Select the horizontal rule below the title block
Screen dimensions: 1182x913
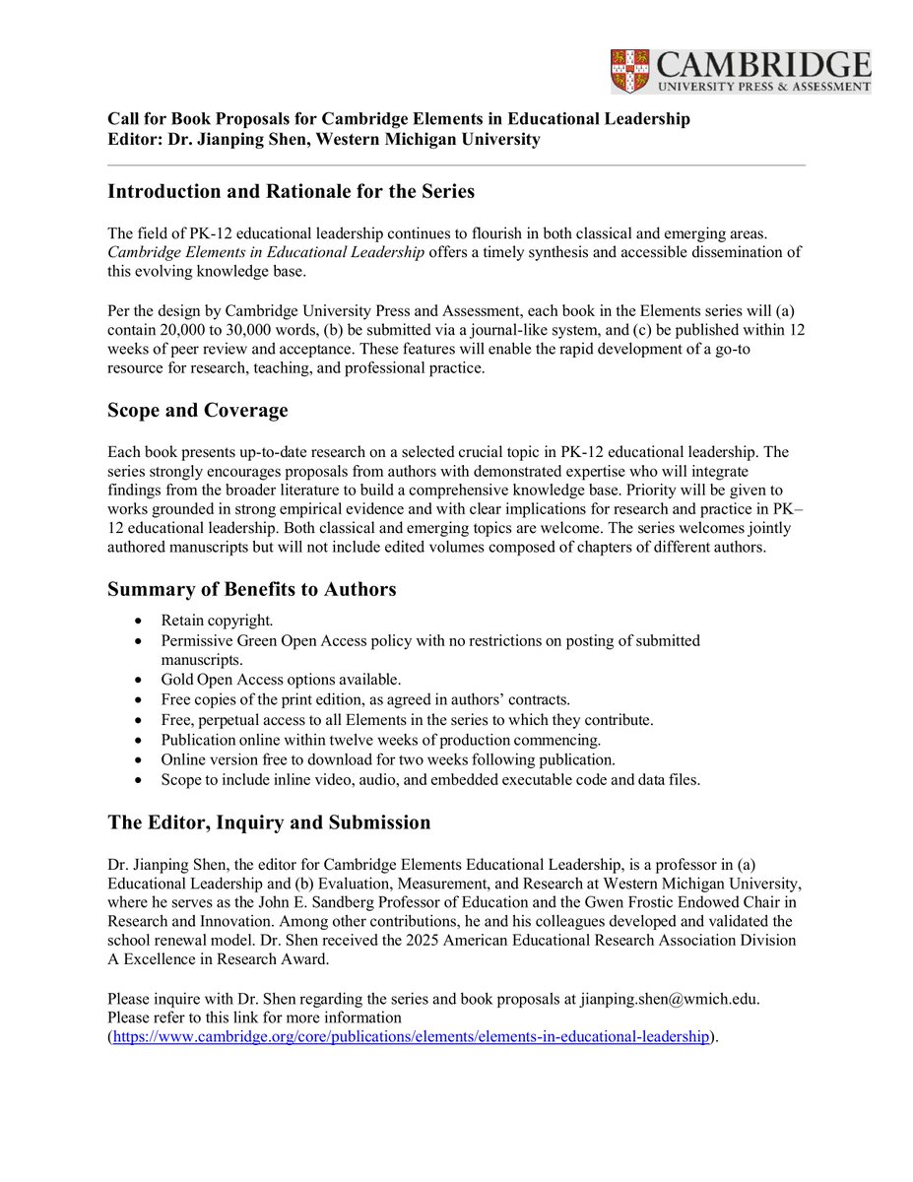(456, 164)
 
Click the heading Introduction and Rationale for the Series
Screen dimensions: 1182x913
(291, 192)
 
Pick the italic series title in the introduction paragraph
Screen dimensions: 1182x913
(266, 252)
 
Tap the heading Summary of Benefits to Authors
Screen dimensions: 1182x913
(251, 589)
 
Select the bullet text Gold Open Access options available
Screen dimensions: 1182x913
(281, 680)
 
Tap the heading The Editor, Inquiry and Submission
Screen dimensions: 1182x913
(268, 822)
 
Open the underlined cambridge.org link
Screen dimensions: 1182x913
(411, 1037)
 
